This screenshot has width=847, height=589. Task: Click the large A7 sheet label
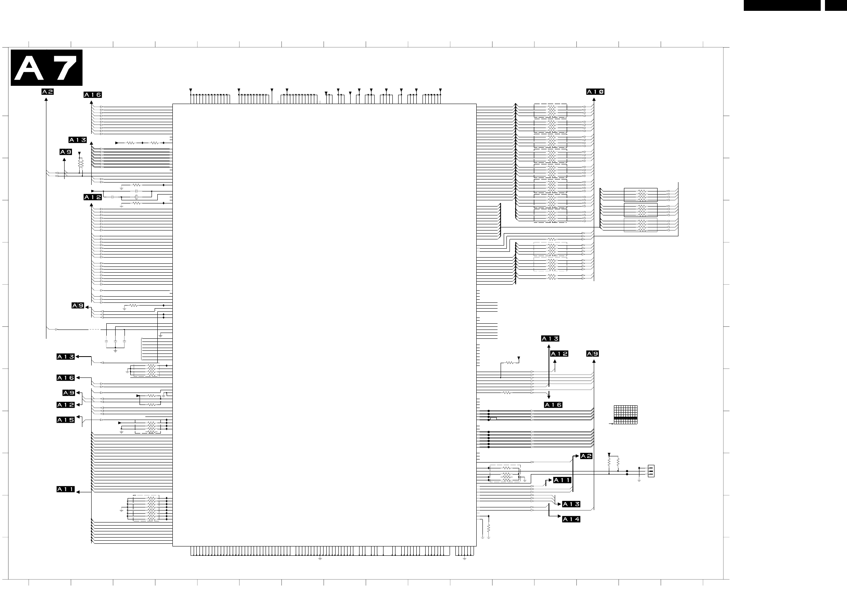coord(46,68)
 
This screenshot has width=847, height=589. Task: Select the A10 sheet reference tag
coord(595,92)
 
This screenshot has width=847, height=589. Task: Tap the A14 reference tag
coord(571,519)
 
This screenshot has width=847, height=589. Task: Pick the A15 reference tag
coord(66,420)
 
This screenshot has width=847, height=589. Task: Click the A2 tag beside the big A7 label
coord(48,92)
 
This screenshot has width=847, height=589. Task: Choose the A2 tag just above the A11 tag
coord(586,456)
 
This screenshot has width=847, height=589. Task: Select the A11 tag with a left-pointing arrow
coord(66,489)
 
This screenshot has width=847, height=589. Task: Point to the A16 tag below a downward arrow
coord(553,405)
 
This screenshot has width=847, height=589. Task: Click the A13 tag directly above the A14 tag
coord(571,504)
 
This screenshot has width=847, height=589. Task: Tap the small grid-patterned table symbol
coord(625,415)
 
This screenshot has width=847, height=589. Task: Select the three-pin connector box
coord(651,471)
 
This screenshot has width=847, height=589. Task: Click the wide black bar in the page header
coord(782,5)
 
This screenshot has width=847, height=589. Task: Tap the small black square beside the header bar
coord(836,5)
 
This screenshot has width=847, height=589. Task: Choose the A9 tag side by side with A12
coord(593,354)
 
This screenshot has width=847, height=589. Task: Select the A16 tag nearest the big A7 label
coord(93,95)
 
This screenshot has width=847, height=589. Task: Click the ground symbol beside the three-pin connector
coord(639,480)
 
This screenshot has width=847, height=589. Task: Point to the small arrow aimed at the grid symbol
coord(611,424)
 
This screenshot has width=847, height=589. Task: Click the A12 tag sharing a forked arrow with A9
coord(66,405)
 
